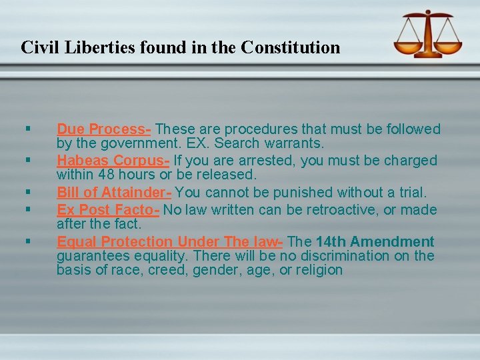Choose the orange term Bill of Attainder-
tap(114, 193)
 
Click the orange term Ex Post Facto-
tap(108, 209)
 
